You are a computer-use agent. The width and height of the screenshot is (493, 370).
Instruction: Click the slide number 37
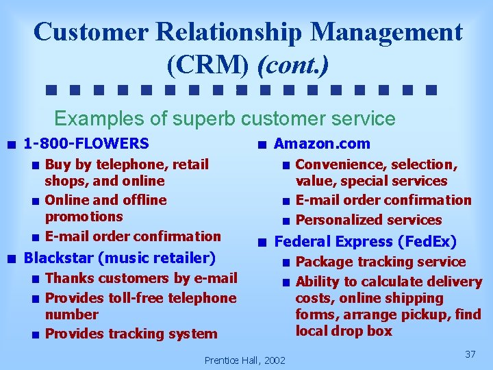tap(470, 354)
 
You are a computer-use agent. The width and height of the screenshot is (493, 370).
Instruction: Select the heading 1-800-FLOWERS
tap(86, 144)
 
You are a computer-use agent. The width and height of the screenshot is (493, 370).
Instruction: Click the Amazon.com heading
tap(322, 144)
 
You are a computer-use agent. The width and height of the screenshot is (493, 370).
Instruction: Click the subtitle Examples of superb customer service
tap(225, 119)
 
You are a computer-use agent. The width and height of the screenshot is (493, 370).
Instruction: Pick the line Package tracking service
tap(381, 262)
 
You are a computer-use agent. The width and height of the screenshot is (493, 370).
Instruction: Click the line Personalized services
tap(368, 220)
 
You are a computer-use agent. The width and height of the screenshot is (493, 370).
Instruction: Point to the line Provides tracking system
tap(131, 334)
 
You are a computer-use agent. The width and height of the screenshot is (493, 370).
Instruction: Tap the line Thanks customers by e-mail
tap(141, 278)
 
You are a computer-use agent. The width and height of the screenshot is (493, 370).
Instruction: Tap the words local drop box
tap(344, 331)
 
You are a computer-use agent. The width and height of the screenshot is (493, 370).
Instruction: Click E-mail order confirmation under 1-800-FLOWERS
tap(133, 236)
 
